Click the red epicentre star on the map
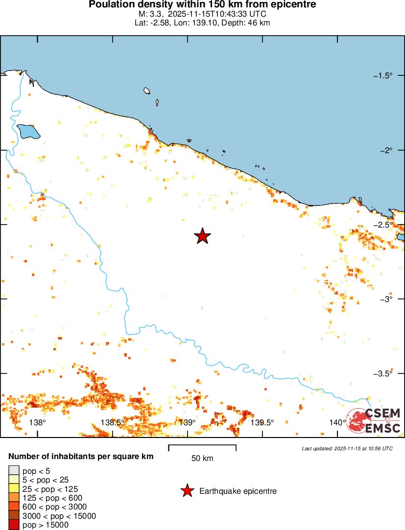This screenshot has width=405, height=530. click(202, 236)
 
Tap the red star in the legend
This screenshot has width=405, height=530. click(187, 491)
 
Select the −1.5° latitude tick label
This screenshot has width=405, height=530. click(383, 75)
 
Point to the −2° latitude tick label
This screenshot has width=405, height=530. click(386, 150)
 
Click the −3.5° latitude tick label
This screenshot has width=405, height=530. click(383, 373)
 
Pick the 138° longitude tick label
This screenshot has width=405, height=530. click(38, 423)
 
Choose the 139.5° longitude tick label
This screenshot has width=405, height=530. click(262, 423)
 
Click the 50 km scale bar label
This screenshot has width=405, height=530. click(202, 459)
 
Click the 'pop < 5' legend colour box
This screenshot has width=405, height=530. click(13, 471)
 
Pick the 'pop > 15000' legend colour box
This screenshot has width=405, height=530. click(13, 525)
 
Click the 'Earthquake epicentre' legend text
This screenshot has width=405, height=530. click(238, 491)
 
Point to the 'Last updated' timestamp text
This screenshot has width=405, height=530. click(347, 448)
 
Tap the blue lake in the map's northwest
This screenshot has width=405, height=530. click(28, 131)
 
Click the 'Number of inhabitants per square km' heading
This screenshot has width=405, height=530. click(81, 457)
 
